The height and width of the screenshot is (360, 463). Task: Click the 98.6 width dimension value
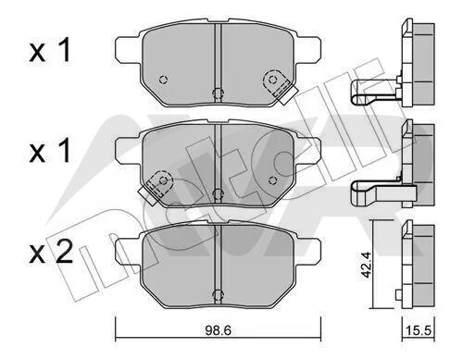click(218, 330)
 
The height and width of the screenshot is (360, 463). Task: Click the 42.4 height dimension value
click(366, 264)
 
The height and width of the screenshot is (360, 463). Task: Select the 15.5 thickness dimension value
click(419, 331)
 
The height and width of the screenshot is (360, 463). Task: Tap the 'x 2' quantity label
click(51, 252)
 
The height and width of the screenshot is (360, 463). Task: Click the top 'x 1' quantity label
click(50, 50)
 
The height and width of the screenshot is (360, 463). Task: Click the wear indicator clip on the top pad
click(280, 86)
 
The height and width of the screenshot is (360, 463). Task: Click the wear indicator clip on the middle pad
click(156, 187)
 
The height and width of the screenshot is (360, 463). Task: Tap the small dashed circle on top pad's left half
click(163, 80)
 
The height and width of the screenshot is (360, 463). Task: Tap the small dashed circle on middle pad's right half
click(272, 180)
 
